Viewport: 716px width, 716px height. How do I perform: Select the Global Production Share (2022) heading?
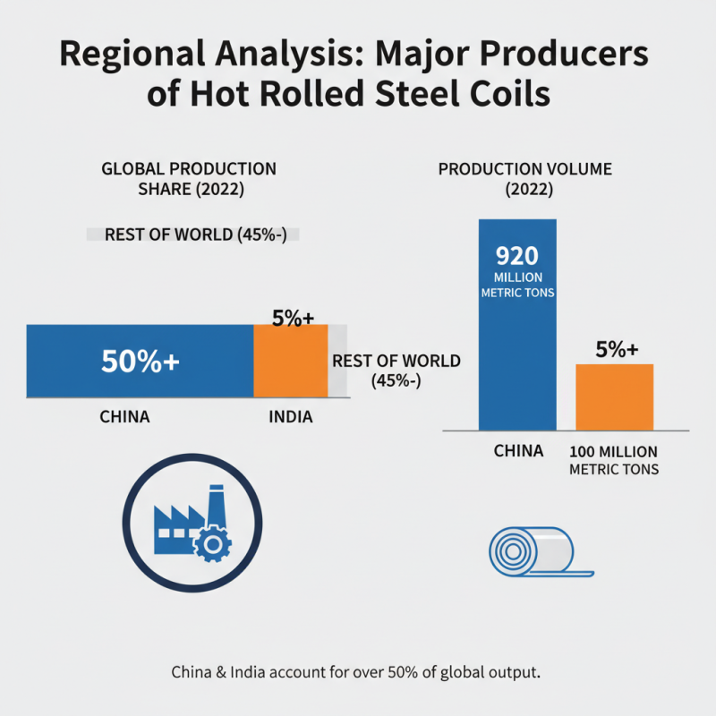[x=189, y=177]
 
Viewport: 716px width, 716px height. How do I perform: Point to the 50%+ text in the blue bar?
[x=141, y=362]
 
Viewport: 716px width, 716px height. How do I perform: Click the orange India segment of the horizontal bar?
[x=290, y=367]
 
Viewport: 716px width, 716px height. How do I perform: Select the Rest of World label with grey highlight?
[x=192, y=234]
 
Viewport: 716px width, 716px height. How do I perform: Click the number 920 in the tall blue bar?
[x=517, y=255]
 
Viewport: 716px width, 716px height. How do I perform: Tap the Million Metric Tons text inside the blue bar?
[x=517, y=286]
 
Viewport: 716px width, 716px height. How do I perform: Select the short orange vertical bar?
[x=614, y=397]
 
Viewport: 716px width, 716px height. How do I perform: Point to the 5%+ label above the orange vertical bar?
[x=615, y=350]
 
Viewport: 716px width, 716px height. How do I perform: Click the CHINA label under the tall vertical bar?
[x=518, y=451]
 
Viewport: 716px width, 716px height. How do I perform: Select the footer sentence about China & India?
[x=357, y=671]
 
